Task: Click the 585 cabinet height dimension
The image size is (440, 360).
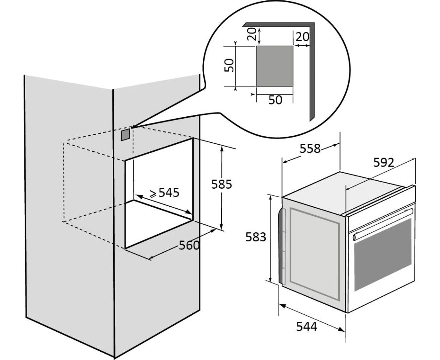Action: [222, 184]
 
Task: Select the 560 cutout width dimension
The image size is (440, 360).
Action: [189, 245]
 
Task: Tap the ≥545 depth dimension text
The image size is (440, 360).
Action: [164, 193]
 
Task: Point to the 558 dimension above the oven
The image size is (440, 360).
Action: [310, 149]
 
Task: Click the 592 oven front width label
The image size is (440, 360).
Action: [383, 162]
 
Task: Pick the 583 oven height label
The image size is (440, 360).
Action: [256, 237]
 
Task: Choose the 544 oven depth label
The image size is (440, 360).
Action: [307, 327]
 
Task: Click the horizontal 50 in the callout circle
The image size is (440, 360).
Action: [275, 100]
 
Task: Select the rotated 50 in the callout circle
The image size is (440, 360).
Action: [229, 65]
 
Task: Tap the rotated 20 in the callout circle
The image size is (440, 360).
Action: [252, 34]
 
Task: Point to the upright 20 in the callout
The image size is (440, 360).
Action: [302, 37]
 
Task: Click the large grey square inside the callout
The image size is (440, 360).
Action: [275, 66]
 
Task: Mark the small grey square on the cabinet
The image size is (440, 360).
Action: [126, 134]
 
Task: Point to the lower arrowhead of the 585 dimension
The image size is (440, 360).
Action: [222, 227]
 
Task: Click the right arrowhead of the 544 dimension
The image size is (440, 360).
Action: [341, 329]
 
